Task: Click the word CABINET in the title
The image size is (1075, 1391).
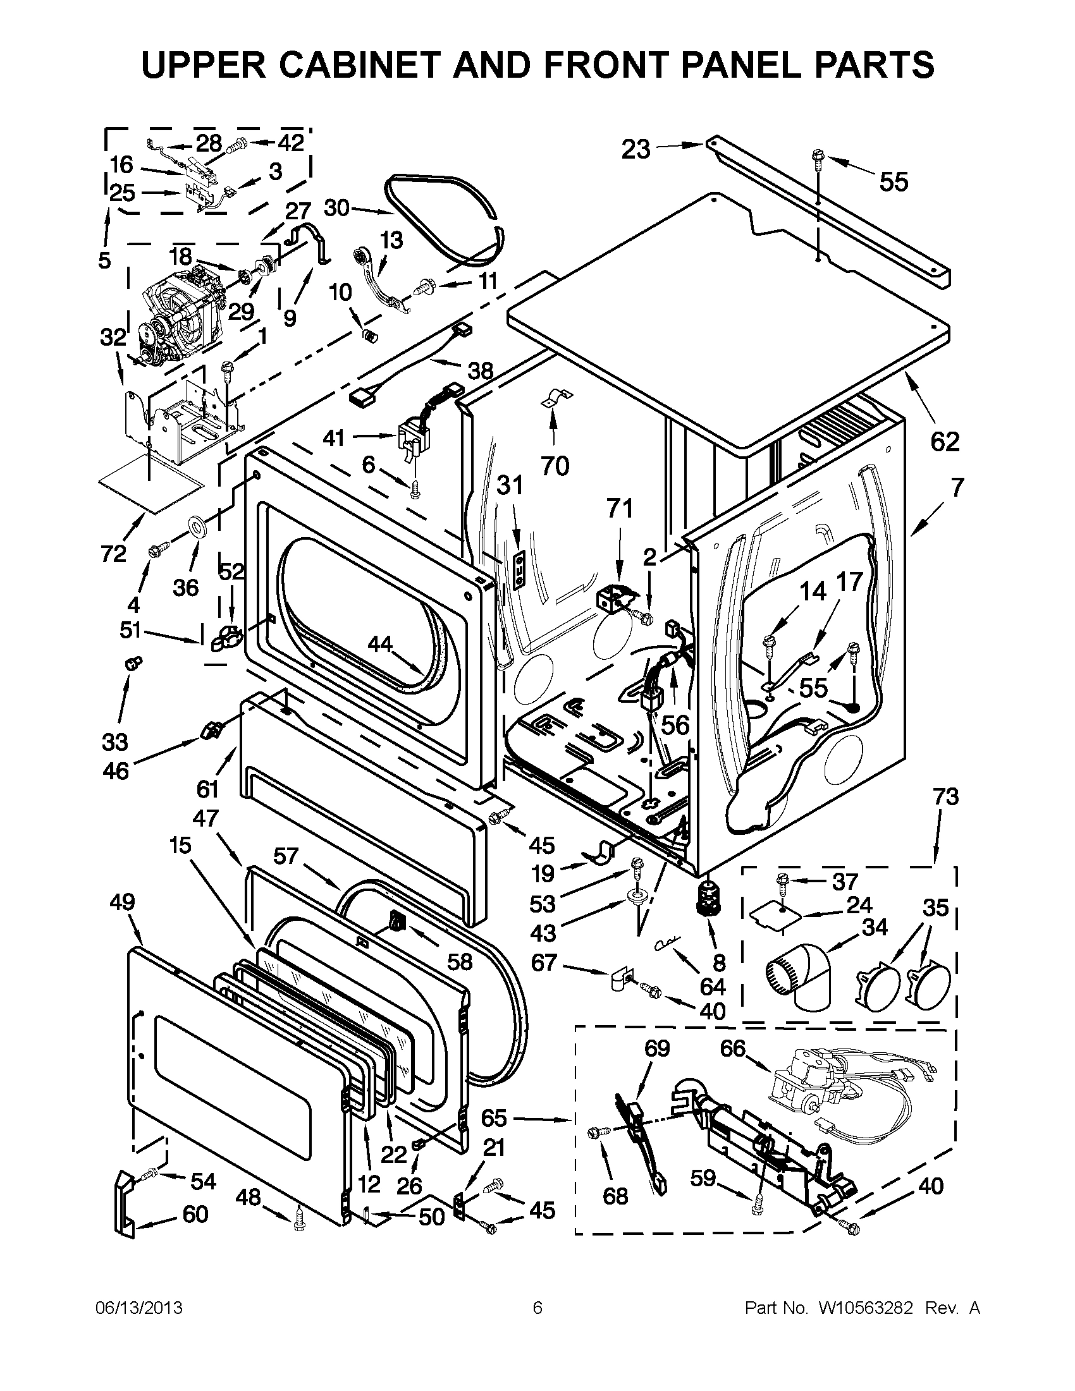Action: (x=361, y=65)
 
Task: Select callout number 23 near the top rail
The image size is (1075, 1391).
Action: (x=636, y=150)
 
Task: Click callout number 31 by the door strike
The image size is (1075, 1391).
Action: (x=510, y=486)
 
